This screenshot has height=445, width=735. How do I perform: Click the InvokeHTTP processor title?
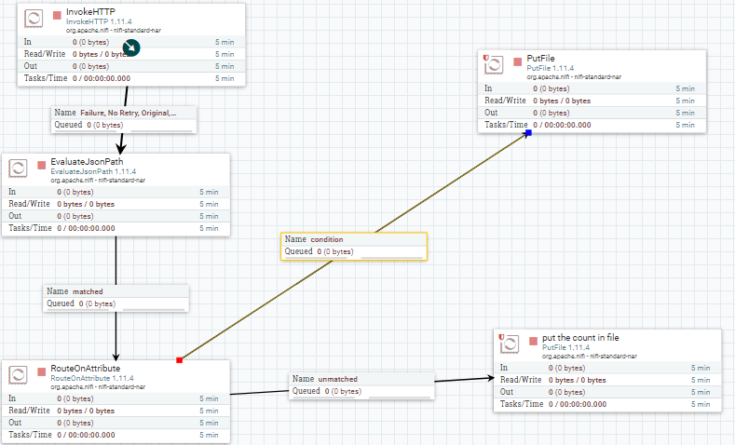[x=90, y=12]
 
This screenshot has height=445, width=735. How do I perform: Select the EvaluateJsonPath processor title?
[x=87, y=162]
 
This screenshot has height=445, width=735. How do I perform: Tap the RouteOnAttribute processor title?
[x=86, y=368]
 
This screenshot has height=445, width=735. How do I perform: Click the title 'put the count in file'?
[x=580, y=338]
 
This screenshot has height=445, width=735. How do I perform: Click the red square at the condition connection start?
[x=179, y=360]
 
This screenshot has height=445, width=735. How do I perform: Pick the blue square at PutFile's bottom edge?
[x=528, y=133]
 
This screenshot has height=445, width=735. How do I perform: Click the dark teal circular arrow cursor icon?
[x=131, y=47]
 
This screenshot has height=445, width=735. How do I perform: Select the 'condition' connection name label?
[x=327, y=239]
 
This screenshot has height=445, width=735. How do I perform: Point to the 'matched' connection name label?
[x=88, y=291]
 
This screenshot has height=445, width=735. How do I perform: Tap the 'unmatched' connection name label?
[x=337, y=379]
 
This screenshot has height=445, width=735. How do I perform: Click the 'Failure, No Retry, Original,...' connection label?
[x=128, y=113]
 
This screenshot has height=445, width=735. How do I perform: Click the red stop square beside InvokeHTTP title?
[x=57, y=16]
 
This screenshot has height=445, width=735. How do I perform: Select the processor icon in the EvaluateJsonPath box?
[x=18, y=168]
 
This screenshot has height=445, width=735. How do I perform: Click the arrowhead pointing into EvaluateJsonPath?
[x=121, y=148]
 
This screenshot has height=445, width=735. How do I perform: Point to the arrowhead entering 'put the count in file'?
[x=490, y=378]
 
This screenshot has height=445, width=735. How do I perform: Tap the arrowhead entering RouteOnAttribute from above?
[x=116, y=357]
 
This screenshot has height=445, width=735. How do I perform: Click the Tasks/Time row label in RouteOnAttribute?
[x=30, y=435]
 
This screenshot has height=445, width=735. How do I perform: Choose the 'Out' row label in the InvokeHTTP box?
[x=31, y=66]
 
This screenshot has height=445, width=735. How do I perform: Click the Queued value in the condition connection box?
[x=335, y=251]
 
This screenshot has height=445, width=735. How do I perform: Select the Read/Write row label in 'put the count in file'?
[x=521, y=380]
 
